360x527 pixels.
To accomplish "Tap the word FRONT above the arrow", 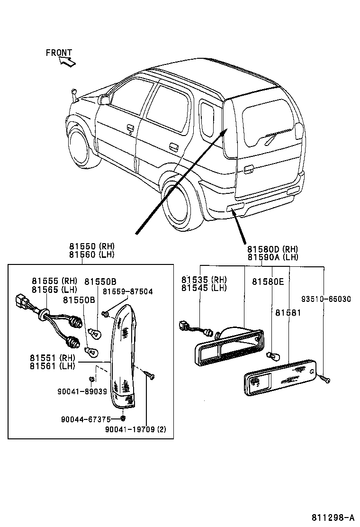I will click(59, 53).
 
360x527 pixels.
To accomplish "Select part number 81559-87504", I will click(128, 291).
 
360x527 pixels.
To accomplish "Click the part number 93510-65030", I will click(326, 299).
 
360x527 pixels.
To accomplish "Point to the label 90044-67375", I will click(86, 419).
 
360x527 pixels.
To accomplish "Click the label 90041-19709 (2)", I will click(136, 430).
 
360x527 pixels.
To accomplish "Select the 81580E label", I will click(268, 282).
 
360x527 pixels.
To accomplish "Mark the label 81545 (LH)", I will click(204, 288).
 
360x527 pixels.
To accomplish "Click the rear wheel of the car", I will click(182, 208).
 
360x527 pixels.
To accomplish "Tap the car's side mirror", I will click(103, 100).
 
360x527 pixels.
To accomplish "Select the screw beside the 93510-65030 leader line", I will click(325, 379).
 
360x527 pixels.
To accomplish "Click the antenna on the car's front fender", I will click(74, 95).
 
